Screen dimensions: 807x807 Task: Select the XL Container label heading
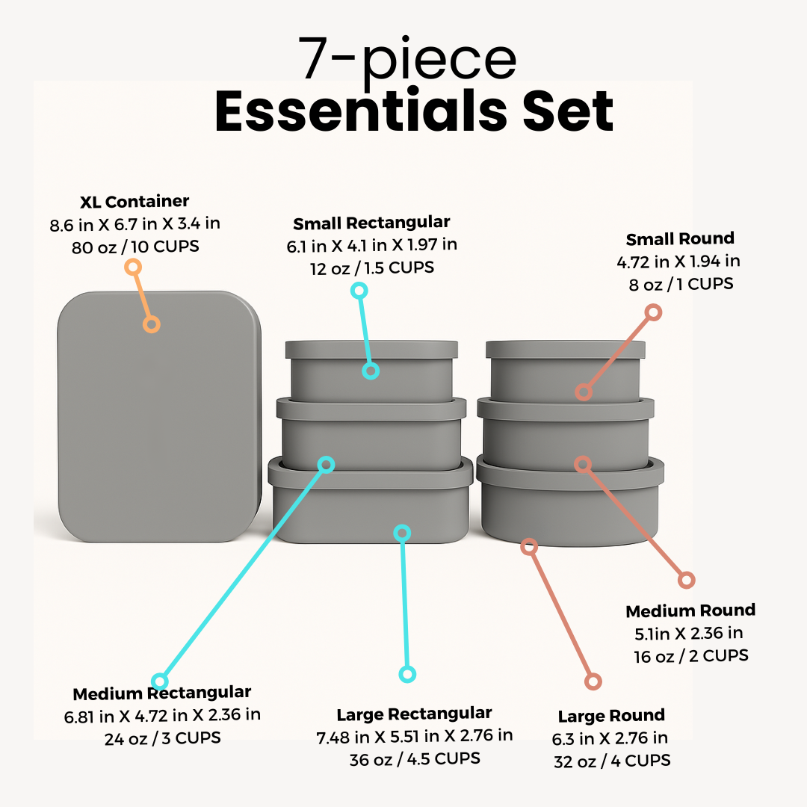(134, 202)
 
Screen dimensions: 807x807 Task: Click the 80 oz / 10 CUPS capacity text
(135, 246)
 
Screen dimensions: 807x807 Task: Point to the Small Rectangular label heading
(371, 223)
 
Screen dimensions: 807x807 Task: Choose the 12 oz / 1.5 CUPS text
(371, 267)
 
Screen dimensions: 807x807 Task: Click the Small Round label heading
(680, 239)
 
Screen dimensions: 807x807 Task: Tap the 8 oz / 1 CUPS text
(681, 284)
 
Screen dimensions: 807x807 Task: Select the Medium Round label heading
(690, 610)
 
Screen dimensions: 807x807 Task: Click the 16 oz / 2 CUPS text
(690, 655)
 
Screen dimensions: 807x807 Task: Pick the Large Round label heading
(611, 716)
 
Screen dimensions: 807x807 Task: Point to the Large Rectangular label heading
(414, 714)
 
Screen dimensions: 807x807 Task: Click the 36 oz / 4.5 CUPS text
(414, 758)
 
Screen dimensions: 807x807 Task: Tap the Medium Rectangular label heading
(162, 692)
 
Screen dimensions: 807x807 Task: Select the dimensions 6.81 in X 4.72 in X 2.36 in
(162, 715)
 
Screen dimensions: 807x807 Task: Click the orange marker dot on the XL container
(152, 324)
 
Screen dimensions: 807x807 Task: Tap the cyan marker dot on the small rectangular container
(371, 371)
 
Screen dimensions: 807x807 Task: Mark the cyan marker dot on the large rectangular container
(403, 533)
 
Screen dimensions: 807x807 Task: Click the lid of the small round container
(565, 349)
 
